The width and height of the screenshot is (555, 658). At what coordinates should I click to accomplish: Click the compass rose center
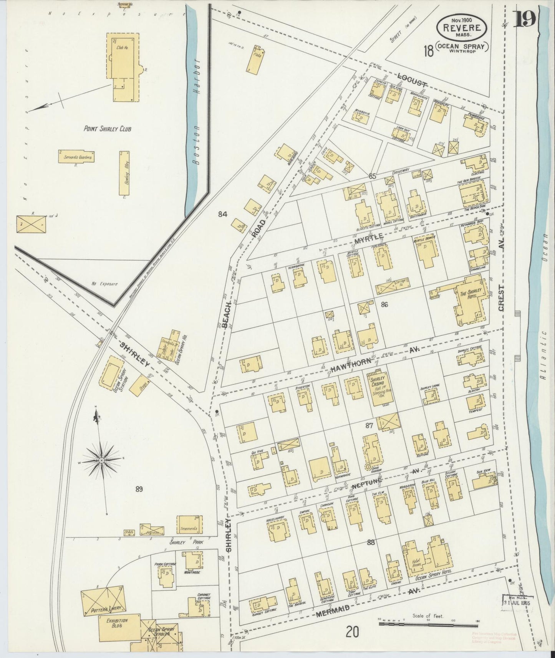101,460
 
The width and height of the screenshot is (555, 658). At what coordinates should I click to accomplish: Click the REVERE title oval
462,28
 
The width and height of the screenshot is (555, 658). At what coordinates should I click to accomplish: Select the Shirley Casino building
380,388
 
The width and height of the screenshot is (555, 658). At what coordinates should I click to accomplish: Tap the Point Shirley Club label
108,129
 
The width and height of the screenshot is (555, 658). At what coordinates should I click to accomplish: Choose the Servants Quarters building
77,156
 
